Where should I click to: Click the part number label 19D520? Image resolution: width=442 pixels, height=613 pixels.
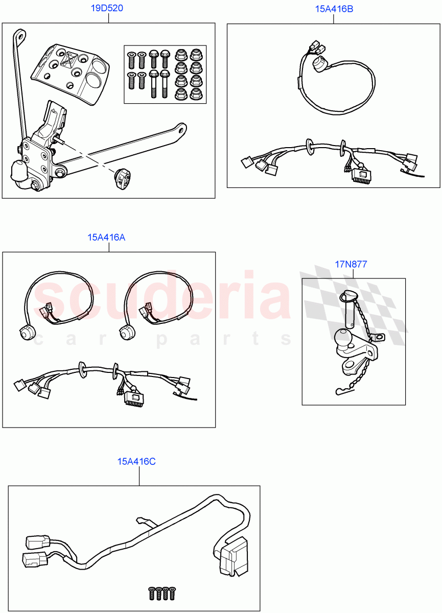point(108,8)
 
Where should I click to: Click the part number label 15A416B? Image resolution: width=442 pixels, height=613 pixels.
point(333,8)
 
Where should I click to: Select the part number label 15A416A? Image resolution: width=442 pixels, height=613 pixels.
point(106,237)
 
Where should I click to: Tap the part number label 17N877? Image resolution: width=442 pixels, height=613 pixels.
point(351,264)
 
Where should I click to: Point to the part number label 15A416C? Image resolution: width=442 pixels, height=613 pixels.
point(136,461)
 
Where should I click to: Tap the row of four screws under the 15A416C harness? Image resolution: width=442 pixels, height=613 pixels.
point(160,594)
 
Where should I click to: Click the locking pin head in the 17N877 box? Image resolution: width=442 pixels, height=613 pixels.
point(347,295)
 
